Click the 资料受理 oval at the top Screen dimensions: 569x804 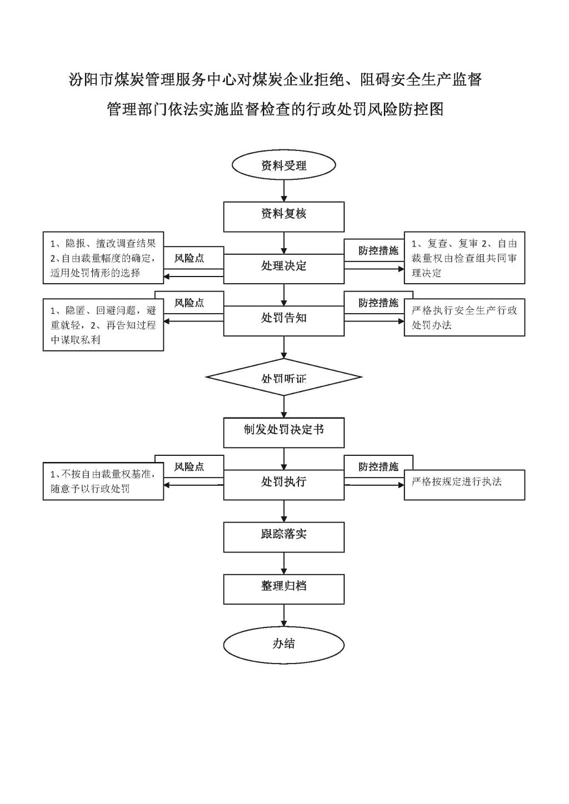pos(284,165)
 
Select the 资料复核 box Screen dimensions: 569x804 pos(284,217)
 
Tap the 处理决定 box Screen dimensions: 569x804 pos(284,269)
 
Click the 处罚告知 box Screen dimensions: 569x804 pos(284,321)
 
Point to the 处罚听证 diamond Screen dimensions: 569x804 pos(284,377)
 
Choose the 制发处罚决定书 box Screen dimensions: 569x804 pos(284,433)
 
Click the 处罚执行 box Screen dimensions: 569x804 pos(284,485)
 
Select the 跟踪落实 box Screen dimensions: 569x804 pos(284,537)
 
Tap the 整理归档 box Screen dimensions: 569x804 pos(284,589)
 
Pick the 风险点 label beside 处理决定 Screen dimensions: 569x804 pos(189,258)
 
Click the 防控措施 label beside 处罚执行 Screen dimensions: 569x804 pos(378,466)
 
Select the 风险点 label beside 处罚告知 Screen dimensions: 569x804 pos(189,303)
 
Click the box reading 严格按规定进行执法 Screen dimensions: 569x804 pos(465,485)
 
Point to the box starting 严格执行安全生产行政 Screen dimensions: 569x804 pos(465,317)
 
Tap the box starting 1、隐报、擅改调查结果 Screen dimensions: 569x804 pos(103,258)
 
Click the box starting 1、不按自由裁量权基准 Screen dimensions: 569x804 pos(103,481)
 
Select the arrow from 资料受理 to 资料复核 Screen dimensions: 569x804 pos(284,190)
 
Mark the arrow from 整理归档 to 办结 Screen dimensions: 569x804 pos(284,616)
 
